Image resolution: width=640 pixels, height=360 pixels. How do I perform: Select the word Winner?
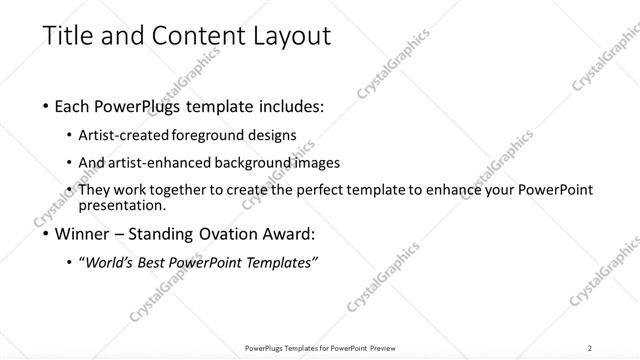(x=86, y=235)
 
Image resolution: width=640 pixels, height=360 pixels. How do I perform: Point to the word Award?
(x=289, y=235)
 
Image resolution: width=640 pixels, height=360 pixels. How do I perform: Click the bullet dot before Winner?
(x=47, y=236)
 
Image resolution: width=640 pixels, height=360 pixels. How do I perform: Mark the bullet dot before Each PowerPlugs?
(x=47, y=106)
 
